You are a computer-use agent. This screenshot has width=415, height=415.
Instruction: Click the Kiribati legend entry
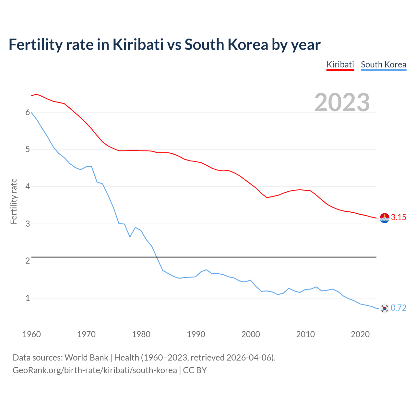[x=340, y=65]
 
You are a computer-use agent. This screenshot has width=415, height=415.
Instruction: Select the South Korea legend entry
[x=384, y=65]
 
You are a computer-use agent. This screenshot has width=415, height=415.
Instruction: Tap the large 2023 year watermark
[x=342, y=102]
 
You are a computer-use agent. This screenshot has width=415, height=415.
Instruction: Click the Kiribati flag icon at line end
[x=385, y=218]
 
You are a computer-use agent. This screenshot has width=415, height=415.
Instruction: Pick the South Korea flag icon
[x=385, y=308]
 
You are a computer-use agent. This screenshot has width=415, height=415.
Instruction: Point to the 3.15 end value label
[x=398, y=218]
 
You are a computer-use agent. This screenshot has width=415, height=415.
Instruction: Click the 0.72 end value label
[x=398, y=308]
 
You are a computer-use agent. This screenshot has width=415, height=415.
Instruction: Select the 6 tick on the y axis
[x=28, y=113]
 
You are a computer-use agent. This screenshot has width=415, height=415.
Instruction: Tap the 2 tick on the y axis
[x=28, y=261]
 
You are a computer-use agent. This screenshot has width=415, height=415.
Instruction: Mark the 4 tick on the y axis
[x=28, y=187]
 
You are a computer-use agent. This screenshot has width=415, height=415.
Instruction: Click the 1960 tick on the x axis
[x=31, y=334]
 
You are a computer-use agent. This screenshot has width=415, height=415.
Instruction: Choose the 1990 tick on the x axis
[x=196, y=334]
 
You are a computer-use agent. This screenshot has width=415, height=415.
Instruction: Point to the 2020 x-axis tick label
[x=360, y=334]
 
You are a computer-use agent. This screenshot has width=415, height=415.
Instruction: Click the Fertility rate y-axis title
[x=14, y=201]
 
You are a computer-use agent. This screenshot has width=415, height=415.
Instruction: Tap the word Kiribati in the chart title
[x=138, y=45]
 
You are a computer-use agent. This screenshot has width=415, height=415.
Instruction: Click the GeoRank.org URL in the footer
[x=95, y=370]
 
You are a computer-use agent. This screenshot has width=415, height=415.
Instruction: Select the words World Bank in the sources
[x=86, y=358]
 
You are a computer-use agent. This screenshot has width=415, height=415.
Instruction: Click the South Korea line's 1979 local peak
[x=136, y=227]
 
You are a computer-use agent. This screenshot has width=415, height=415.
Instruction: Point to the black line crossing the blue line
[x=157, y=257]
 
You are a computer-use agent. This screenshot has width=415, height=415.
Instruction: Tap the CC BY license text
[x=195, y=370]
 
